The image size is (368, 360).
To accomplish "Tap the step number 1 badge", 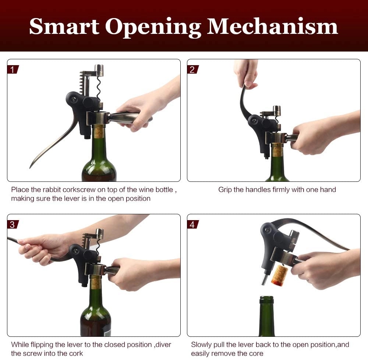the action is (x=13, y=70).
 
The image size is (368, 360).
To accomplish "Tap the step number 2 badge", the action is (x=193, y=70).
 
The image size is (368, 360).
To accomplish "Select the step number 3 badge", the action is (x=13, y=225).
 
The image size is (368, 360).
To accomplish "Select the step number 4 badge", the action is (x=193, y=225).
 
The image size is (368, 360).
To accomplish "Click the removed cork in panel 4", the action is (x=280, y=275).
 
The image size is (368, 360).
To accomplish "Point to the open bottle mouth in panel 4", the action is (x=266, y=298).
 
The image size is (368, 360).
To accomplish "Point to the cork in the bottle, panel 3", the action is (x=96, y=282).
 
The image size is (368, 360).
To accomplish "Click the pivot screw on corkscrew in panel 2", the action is (x=254, y=121).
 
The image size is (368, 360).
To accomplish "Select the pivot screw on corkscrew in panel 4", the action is (x=268, y=230).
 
